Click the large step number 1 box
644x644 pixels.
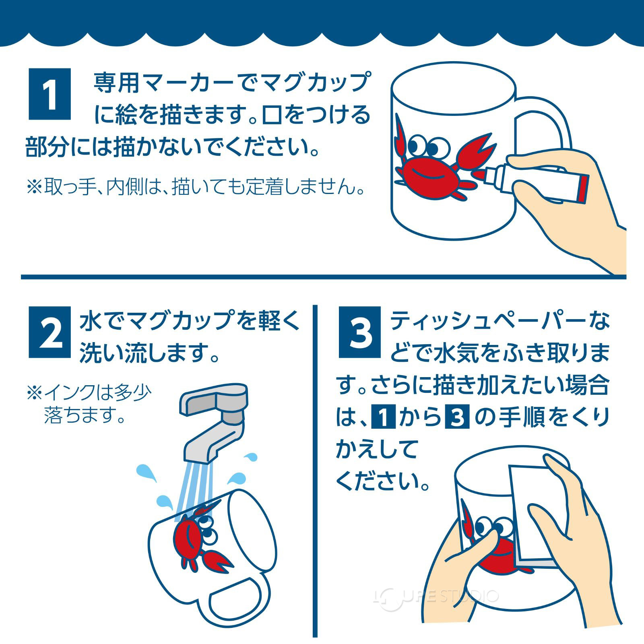50,94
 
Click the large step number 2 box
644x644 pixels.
50,332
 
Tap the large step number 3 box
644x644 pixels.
359,332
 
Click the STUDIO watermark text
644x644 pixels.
463,596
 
